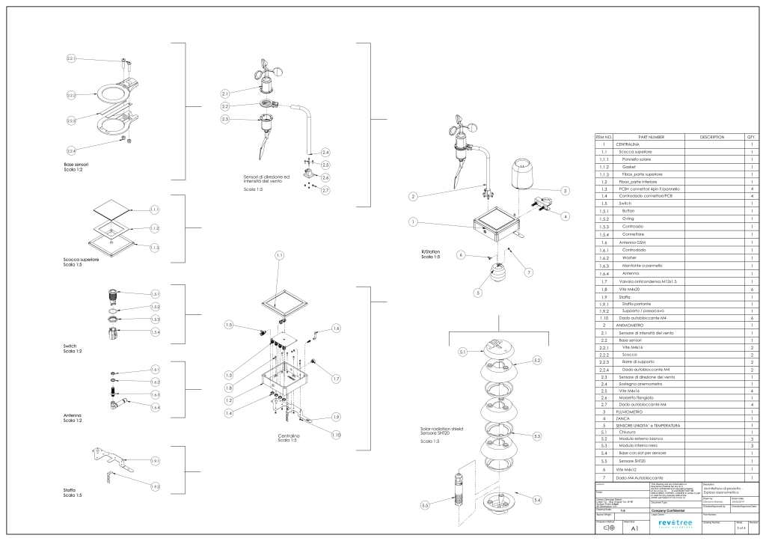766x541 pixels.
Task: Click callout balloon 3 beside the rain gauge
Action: tap(566, 191)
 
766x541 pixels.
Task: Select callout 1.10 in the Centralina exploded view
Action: tap(337, 435)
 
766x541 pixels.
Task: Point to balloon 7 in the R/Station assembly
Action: tap(528, 272)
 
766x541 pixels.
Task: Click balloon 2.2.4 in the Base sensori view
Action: tap(72, 150)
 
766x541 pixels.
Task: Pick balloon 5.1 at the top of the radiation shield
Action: tap(462, 351)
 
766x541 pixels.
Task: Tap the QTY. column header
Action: tap(750, 138)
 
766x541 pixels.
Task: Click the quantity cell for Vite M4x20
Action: tap(750, 288)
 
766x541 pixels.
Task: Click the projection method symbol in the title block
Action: tap(608, 528)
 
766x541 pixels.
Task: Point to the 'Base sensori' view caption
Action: tap(77, 163)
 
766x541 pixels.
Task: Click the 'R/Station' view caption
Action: tap(432, 252)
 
